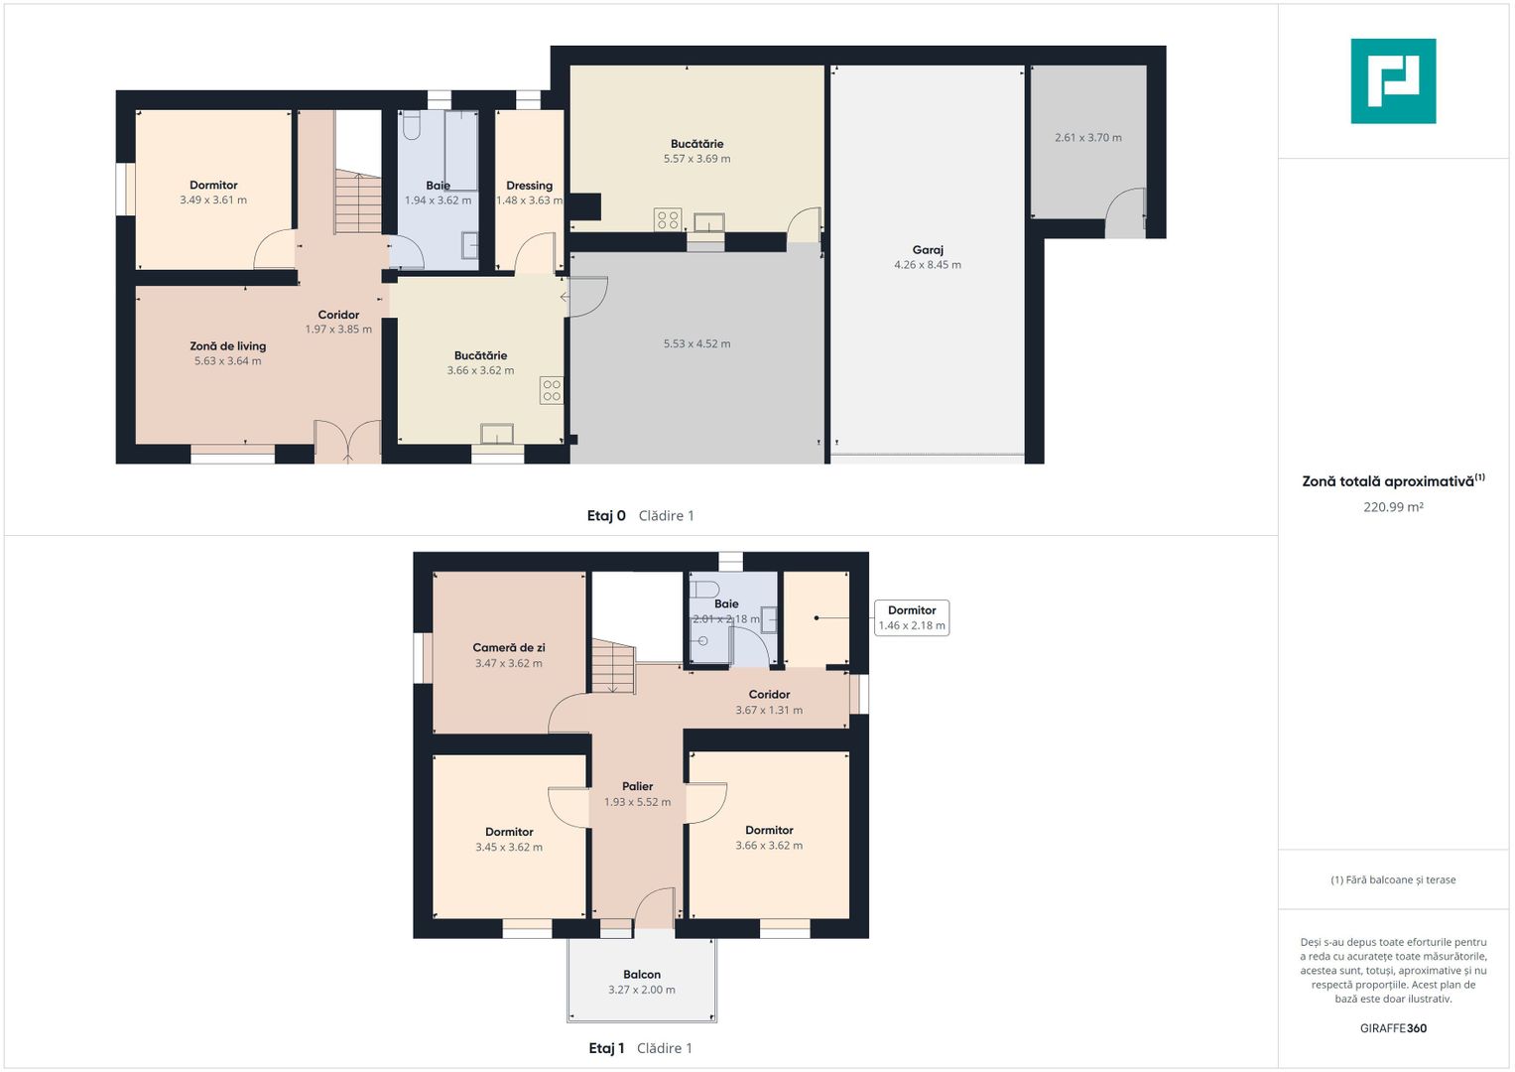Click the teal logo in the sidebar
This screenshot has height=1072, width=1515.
tap(1393, 81)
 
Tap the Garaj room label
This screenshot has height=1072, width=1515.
tap(928, 250)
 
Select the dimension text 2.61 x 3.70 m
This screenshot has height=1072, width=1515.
tap(1087, 137)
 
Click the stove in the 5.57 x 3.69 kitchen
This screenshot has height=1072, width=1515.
tap(669, 220)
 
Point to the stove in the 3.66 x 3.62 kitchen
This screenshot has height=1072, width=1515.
tap(552, 390)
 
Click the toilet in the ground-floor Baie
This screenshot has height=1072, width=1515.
tap(411, 125)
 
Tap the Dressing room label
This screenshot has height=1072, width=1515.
tap(529, 186)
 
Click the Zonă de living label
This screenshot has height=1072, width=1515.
tap(228, 345)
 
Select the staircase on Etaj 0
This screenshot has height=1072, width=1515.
tap(358, 201)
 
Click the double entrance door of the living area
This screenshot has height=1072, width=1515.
tap(347, 442)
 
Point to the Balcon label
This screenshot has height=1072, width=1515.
tap(642, 975)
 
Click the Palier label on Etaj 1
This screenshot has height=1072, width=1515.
tap(638, 786)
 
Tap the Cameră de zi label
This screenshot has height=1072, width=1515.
tap(509, 647)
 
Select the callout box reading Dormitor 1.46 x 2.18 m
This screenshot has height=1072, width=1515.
tap(912, 617)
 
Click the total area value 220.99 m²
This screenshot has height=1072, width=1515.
tap(1393, 507)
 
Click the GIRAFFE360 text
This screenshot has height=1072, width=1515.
tap(1393, 1028)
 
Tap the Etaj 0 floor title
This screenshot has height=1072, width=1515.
tap(606, 516)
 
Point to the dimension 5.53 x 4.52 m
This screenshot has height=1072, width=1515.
tap(696, 343)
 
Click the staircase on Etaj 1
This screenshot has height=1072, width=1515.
tap(614, 667)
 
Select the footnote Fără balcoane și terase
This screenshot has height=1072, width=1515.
tap(1393, 879)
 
